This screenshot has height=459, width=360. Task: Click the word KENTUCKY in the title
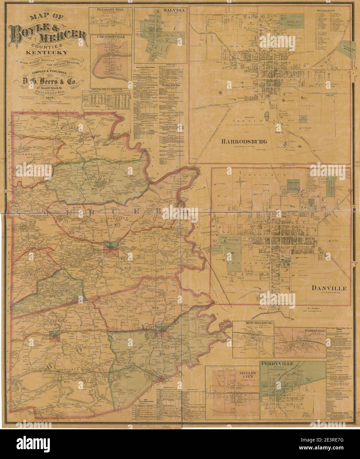click(48, 53)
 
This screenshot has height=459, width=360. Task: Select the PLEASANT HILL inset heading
click(110, 10)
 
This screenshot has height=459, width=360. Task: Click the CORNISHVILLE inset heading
click(110, 37)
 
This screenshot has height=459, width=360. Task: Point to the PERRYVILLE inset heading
click(279, 364)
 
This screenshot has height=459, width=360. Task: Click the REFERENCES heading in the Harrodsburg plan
click(325, 11)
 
